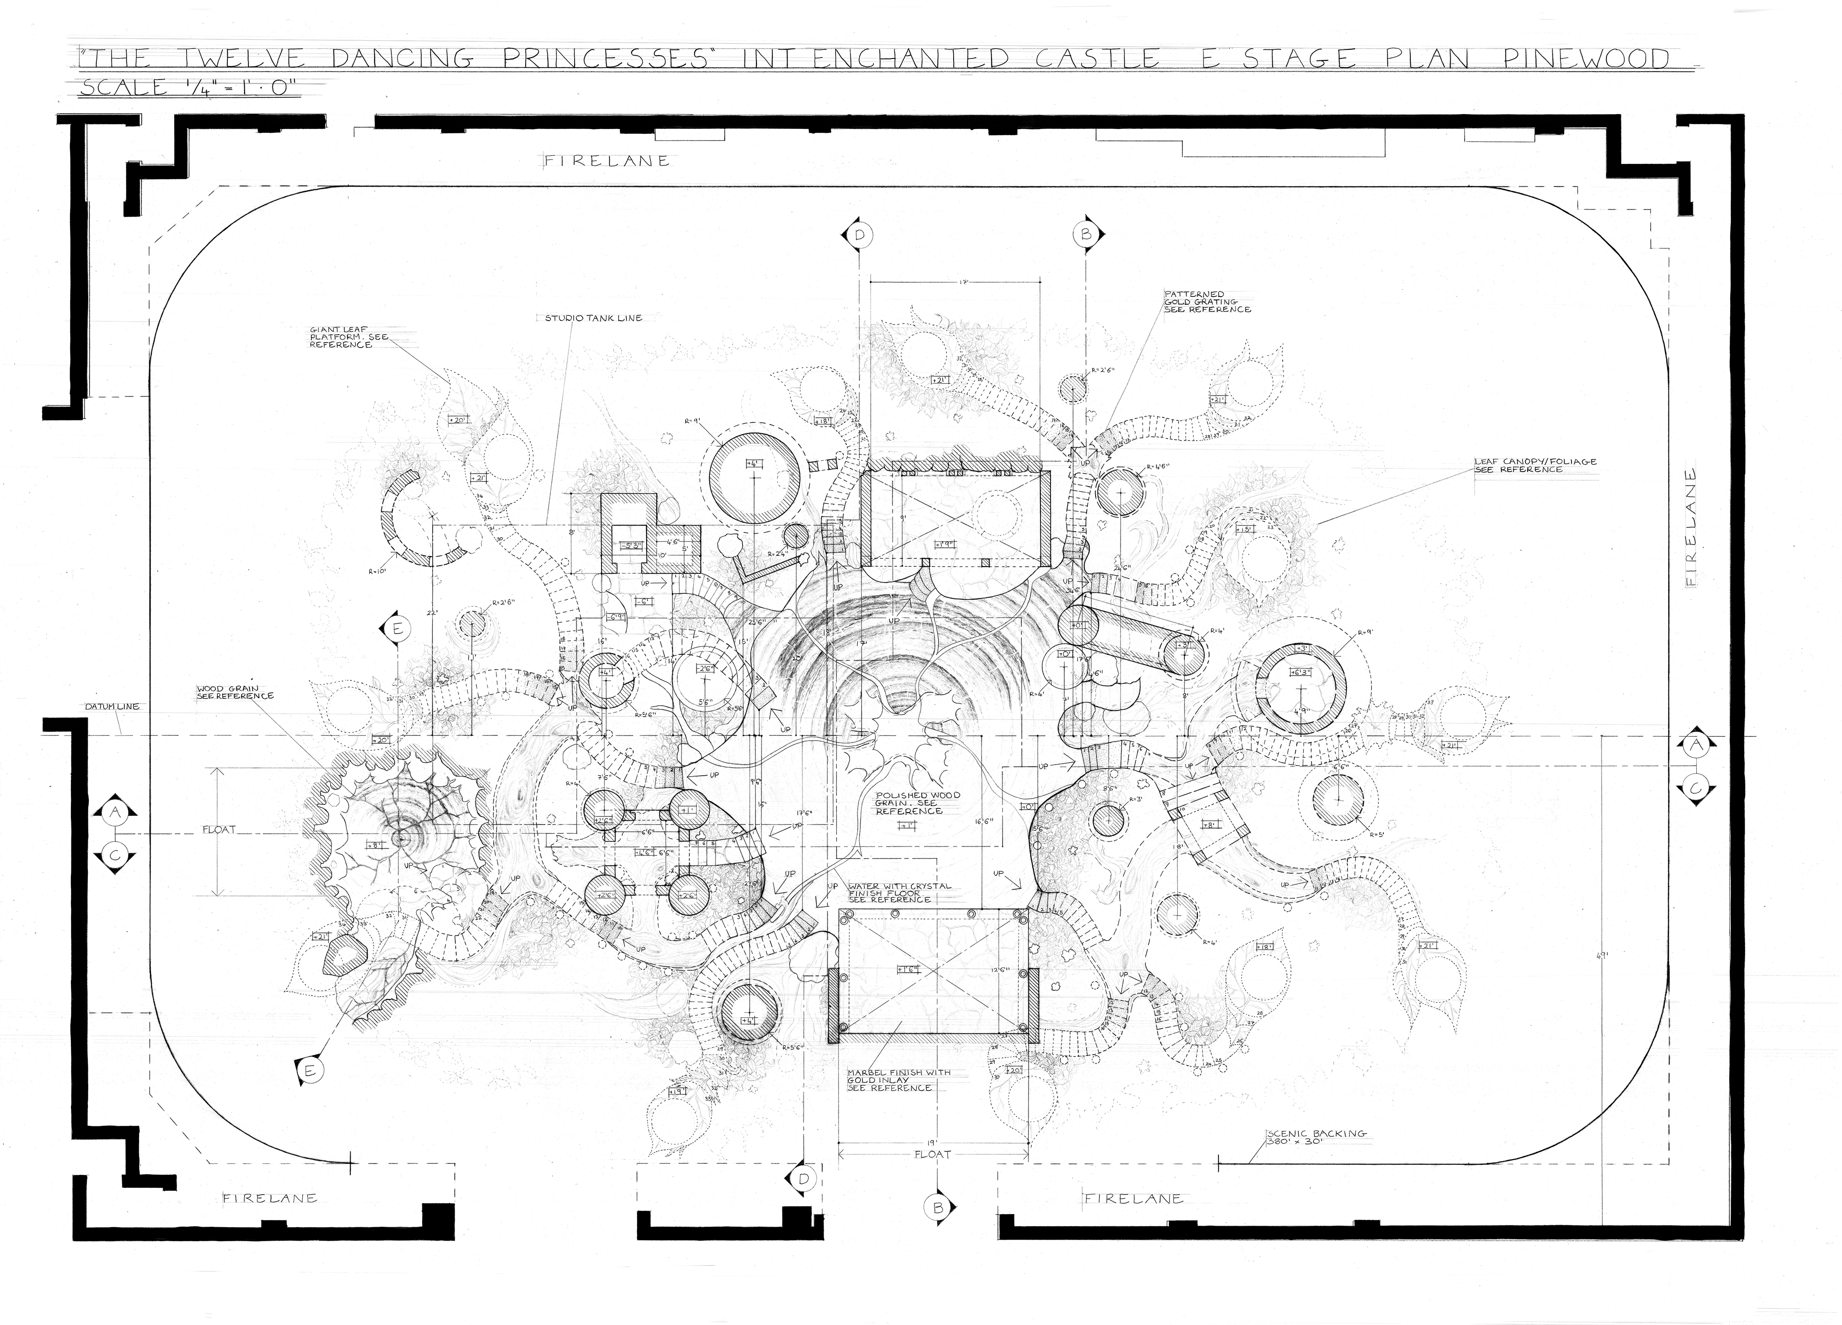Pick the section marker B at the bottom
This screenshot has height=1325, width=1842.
938,1207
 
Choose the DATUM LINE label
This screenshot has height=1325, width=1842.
111,706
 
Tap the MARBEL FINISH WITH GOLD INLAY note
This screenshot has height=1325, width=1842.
898,1080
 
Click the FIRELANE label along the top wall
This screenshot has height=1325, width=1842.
607,161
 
